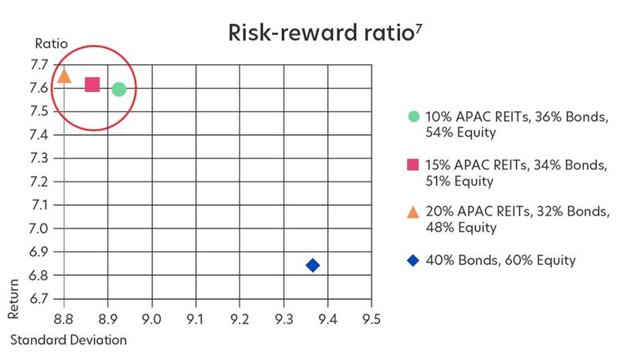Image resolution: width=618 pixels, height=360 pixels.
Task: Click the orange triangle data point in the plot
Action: (64, 76)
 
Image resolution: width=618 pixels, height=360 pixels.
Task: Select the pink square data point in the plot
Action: (92, 84)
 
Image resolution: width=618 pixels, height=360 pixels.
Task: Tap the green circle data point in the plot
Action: (119, 90)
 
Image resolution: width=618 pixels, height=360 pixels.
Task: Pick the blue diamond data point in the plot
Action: (313, 266)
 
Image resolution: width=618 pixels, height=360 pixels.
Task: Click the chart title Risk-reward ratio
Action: (321, 32)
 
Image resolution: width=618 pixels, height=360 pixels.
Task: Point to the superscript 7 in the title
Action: (418, 29)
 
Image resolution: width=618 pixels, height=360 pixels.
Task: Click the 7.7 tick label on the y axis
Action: (39, 65)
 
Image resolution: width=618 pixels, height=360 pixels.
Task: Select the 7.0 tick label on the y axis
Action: (39, 229)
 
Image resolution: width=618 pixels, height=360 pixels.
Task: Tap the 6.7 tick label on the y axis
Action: (39, 298)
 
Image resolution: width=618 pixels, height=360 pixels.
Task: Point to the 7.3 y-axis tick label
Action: (39, 158)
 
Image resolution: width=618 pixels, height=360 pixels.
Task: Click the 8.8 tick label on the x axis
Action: (64, 318)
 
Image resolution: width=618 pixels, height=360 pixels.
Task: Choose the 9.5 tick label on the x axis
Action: (372, 318)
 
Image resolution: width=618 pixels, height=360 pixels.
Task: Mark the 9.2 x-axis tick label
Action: (239, 318)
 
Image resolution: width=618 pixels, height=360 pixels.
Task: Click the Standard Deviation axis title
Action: (69, 340)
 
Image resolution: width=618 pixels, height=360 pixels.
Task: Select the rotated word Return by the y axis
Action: (13, 298)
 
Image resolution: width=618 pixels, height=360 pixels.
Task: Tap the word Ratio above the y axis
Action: (51, 43)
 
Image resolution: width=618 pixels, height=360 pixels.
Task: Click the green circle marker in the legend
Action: (413, 117)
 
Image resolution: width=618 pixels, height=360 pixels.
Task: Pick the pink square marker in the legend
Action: (413, 165)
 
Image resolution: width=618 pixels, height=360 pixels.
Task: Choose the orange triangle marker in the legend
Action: (413, 212)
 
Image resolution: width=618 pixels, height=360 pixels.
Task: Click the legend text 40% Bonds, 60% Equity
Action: (501, 260)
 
